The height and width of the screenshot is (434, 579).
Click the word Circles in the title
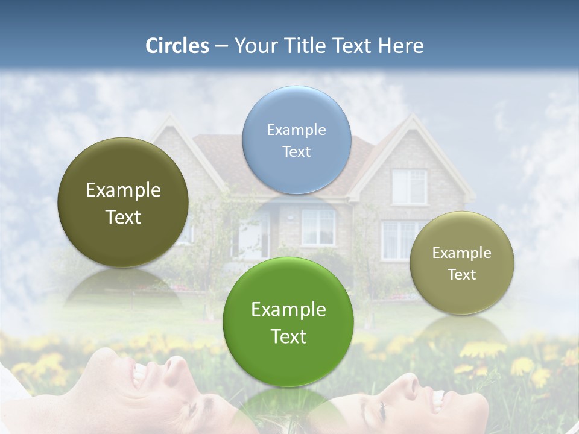pos(177,46)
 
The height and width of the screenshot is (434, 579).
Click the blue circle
pos(296,140)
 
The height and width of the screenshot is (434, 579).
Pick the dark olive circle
pos(123,203)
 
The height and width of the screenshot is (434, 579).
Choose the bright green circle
pos(288,322)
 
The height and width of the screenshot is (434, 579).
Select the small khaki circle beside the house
pos(461,263)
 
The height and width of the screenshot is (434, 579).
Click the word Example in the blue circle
pos(296,130)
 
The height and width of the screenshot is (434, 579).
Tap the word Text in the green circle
pos(288,336)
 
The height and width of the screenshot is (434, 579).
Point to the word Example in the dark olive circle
pos(123,190)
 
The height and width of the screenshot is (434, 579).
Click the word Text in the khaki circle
pos(461,275)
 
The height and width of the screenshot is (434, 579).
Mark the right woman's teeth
pos(437,398)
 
